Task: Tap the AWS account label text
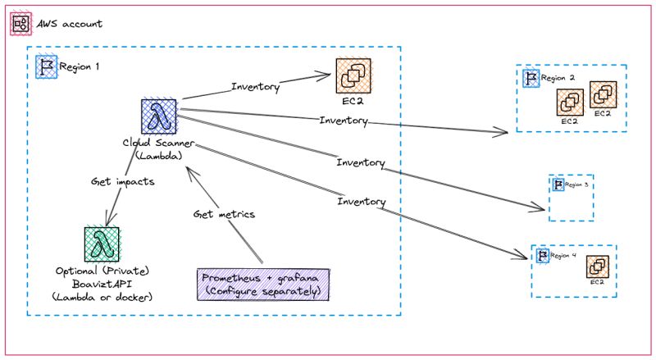pos(71,24)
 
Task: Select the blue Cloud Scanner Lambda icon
pos(157,116)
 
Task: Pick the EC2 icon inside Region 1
pos(353,76)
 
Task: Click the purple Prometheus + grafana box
pos(262,282)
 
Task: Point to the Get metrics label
pos(224,214)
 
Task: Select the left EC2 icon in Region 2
pos(570,103)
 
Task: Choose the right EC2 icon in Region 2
pos(603,93)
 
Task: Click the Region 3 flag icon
pos(558,184)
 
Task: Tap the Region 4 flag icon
pos(542,256)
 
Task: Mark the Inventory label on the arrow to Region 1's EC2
pos(256,86)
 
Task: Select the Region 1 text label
pos(80,66)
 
